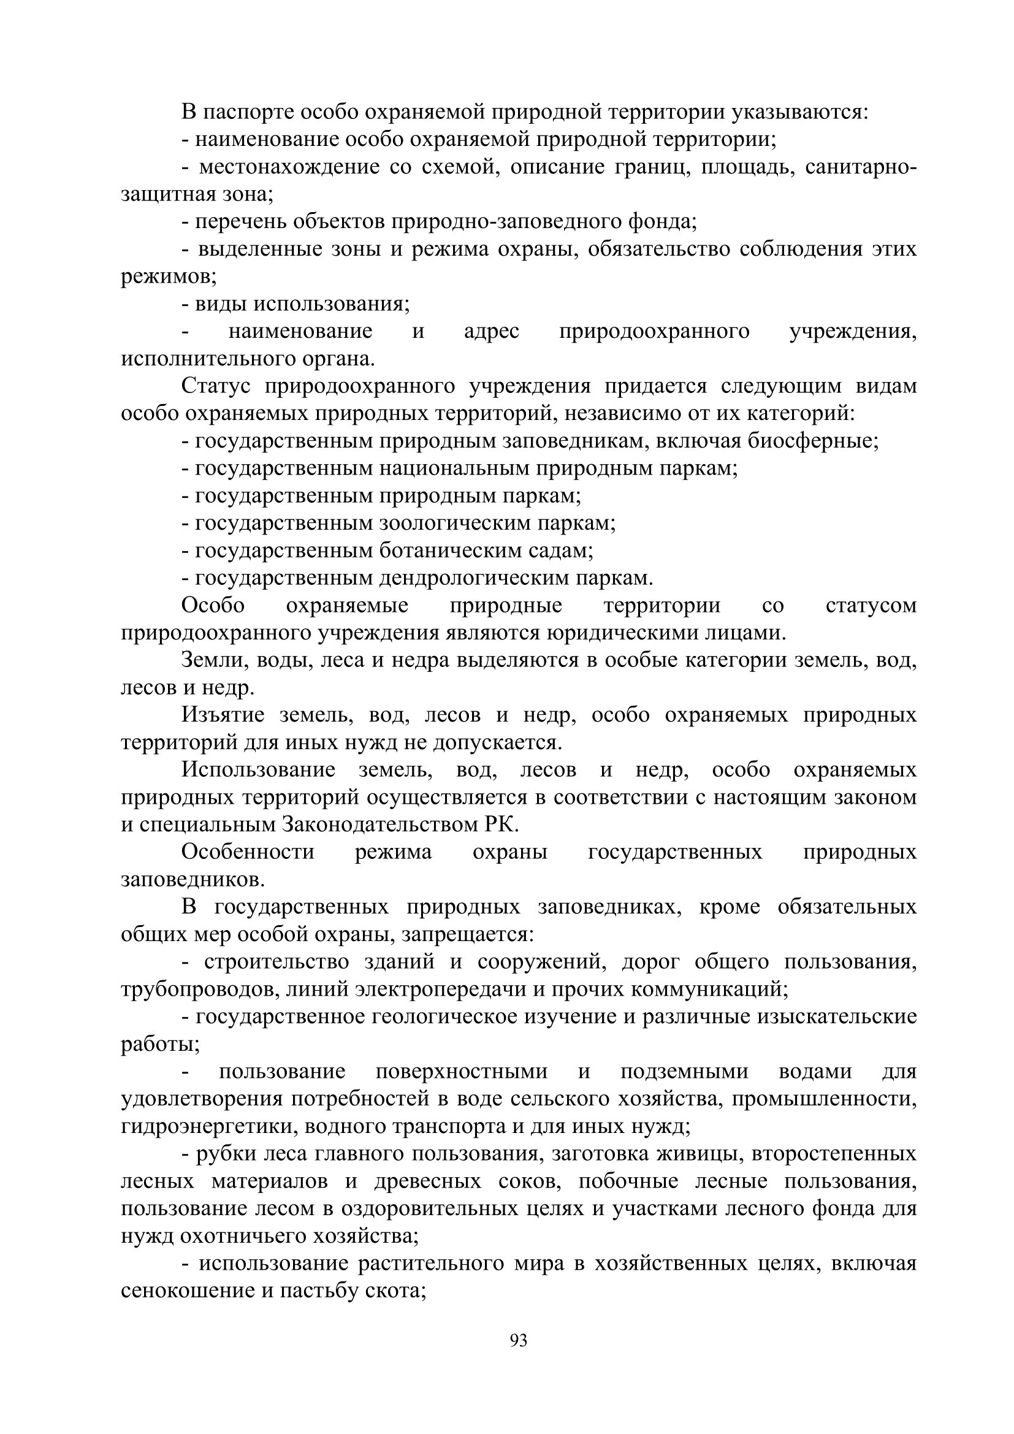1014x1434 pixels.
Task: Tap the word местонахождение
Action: click(289, 167)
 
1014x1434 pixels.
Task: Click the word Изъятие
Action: click(223, 715)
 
